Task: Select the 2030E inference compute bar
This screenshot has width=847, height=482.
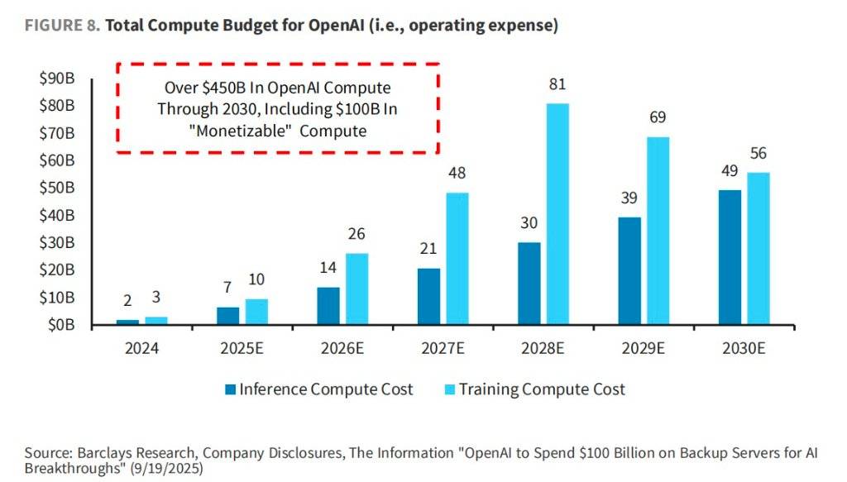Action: [x=730, y=257]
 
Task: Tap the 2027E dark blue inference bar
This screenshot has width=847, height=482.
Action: [x=429, y=296]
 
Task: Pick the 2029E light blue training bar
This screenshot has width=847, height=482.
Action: [x=658, y=231]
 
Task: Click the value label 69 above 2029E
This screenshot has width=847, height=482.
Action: [x=658, y=117]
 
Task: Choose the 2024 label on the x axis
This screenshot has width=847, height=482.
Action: [x=141, y=349]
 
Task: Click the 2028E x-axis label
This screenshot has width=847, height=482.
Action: [x=545, y=349]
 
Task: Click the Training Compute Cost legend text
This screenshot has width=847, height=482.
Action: [x=542, y=389]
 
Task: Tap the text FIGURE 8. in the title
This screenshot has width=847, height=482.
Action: [x=62, y=26]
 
